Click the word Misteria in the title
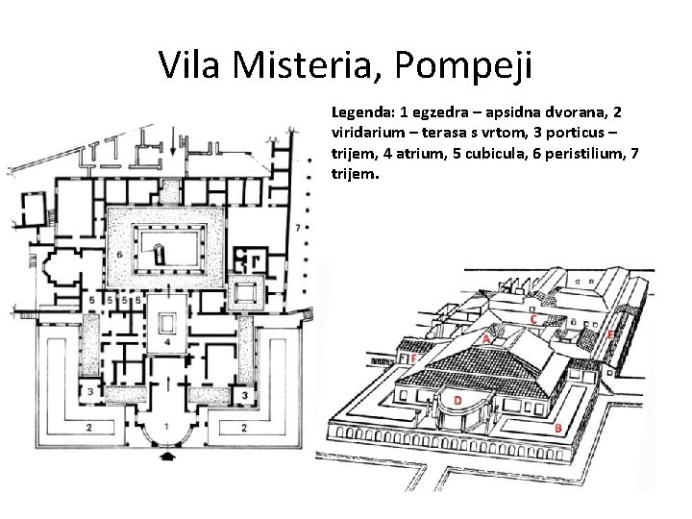pyautogui.click(x=301, y=64)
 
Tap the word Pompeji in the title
pyautogui.click(x=463, y=66)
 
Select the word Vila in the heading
pyautogui.click(x=189, y=64)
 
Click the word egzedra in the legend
pyautogui.click(x=440, y=112)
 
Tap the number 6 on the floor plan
pyautogui.click(x=119, y=255)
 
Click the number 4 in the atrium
pyautogui.click(x=167, y=341)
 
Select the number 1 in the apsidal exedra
pyautogui.click(x=166, y=427)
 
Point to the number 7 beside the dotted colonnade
pyautogui.click(x=298, y=228)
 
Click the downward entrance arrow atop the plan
pyautogui.click(x=173, y=140)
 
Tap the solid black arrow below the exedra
pyautogui.click(x=167, y=456)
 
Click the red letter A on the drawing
pyautogui.click(x=486, y=339)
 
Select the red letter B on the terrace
pyautogui.click(x=558, y=428)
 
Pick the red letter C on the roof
pyautogui.click(x=533, y=319)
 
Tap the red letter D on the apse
pyautogui.click(x=458, y=400)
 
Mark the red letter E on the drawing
pyautogui.click(x=610, y=335)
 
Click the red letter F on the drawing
pyautogui.click(x=413, y=358)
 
